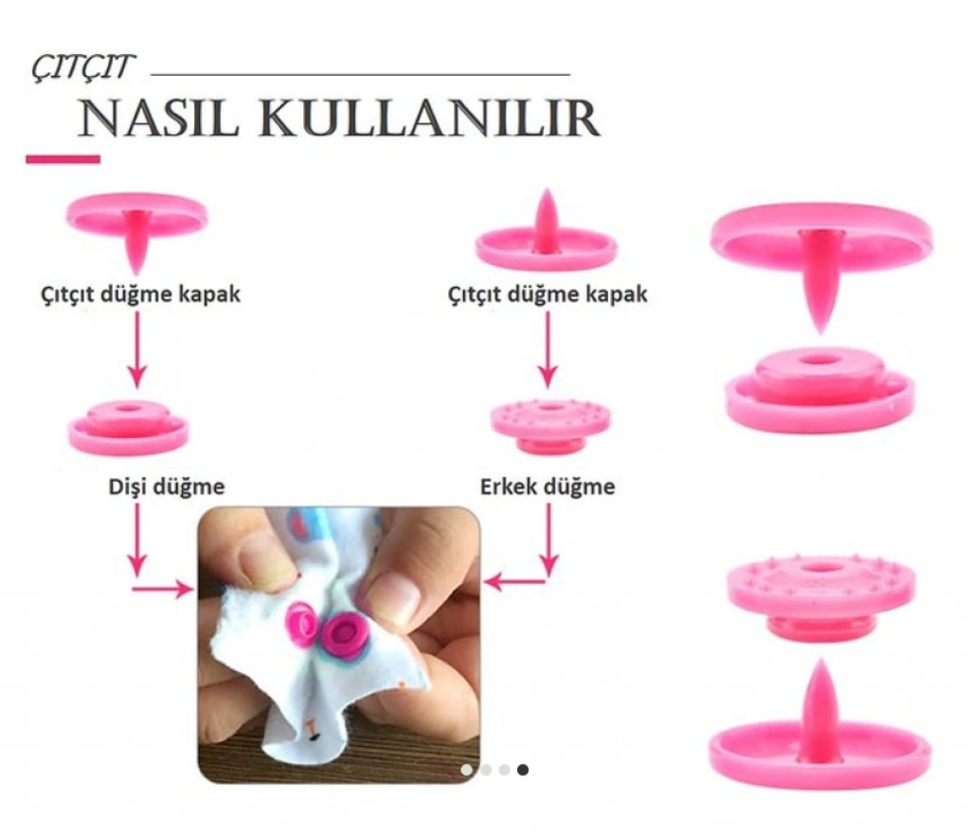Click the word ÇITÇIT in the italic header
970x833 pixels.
[x=83, y=67]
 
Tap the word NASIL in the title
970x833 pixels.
[x=158, y=118]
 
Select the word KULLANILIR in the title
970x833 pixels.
[x=428, y=118]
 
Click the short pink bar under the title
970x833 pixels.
[x=63, y=159]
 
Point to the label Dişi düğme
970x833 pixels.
[x=167, y=487]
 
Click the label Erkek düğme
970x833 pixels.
[x=548, y=487]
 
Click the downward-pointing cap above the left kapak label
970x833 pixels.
[x=136, y=230]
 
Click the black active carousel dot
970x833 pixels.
[x=523, y=770]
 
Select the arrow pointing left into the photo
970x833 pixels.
[x=514, y=581]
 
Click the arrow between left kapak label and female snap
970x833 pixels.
[x=136, y=349]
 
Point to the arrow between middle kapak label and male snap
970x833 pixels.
[x=548, y=349]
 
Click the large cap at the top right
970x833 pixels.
[x=821, y=259]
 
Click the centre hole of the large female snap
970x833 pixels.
[x=819, y=361]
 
